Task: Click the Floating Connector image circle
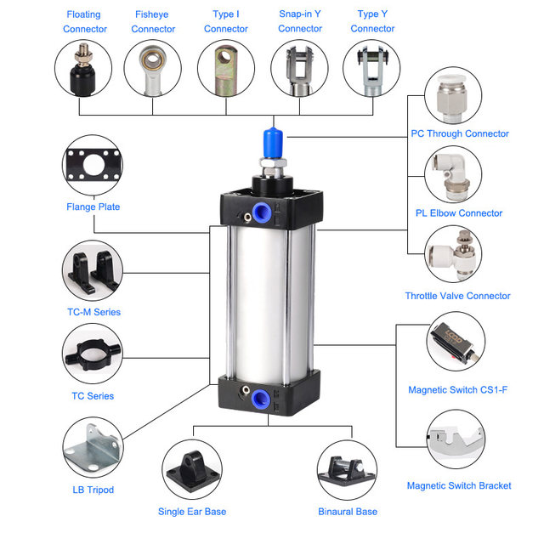click(x=84, y=69)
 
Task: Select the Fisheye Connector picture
click(x=154, y=69)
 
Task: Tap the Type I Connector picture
click(x=226, y=69)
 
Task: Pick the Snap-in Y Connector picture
click(x=300, y=69)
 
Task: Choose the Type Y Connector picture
click(x=371, y=69)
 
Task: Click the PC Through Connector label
click(x=459, y=133)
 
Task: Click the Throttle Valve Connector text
click(x=457, y=296)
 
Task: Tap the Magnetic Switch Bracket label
click(x=459, y=485)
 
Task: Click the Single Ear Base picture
click(x=192, y=472)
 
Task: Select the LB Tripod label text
click(x=93, y=490)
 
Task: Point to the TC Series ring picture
click(x=93, y=354)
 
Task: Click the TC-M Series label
click(x=93, y=312)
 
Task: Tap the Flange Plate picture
click(x=93, y=166)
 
